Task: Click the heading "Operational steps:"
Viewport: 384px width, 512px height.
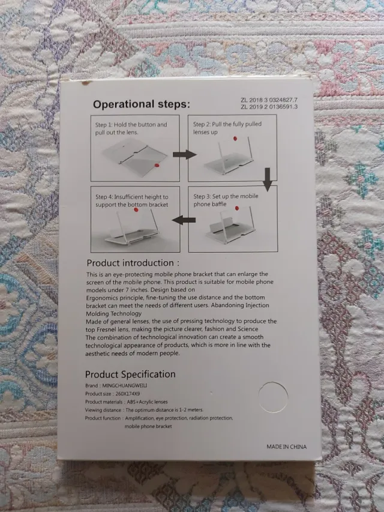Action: pos(142,104)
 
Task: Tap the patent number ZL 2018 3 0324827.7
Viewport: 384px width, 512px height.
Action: pos(269,100)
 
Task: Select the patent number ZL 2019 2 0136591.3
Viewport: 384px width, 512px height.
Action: pos(269,107)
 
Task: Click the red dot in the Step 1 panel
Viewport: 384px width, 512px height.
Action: pos(157,166)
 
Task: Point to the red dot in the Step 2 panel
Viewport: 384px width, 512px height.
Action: pos(235,139)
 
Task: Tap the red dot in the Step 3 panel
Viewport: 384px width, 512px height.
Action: pos(237,208)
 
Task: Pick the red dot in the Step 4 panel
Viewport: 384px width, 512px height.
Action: pos(136,209)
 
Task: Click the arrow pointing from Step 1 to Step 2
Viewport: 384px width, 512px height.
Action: pos(184,154)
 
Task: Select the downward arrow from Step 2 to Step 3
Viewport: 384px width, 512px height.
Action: pos(268,179)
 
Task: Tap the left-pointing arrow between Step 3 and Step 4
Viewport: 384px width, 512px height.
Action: pos(184,220)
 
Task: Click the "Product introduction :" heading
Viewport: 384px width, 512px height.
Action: pos(133,263)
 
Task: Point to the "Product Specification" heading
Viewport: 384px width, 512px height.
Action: pos(130,374)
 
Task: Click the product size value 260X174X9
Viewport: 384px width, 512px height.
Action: pos(128,394)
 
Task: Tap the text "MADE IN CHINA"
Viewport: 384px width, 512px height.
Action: pos(286,447)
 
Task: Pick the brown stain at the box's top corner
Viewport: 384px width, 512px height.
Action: pos(86,83)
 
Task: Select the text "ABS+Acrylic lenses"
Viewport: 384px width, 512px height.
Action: pos(147,402)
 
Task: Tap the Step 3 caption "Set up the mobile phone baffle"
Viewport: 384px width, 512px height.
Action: pos(226,200)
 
